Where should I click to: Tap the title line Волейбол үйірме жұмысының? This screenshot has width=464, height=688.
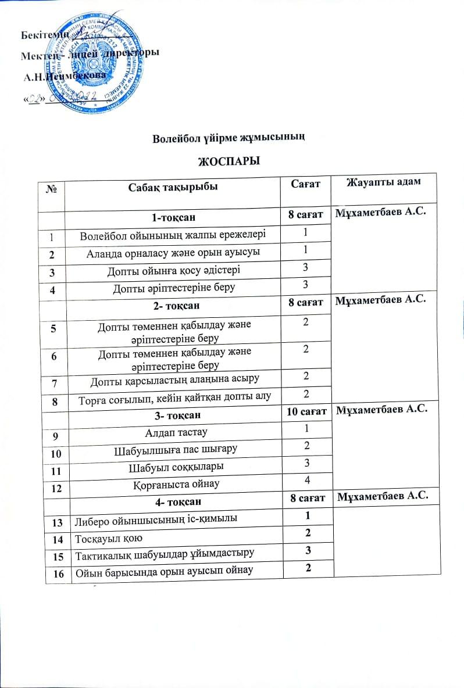pos(229,138)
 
